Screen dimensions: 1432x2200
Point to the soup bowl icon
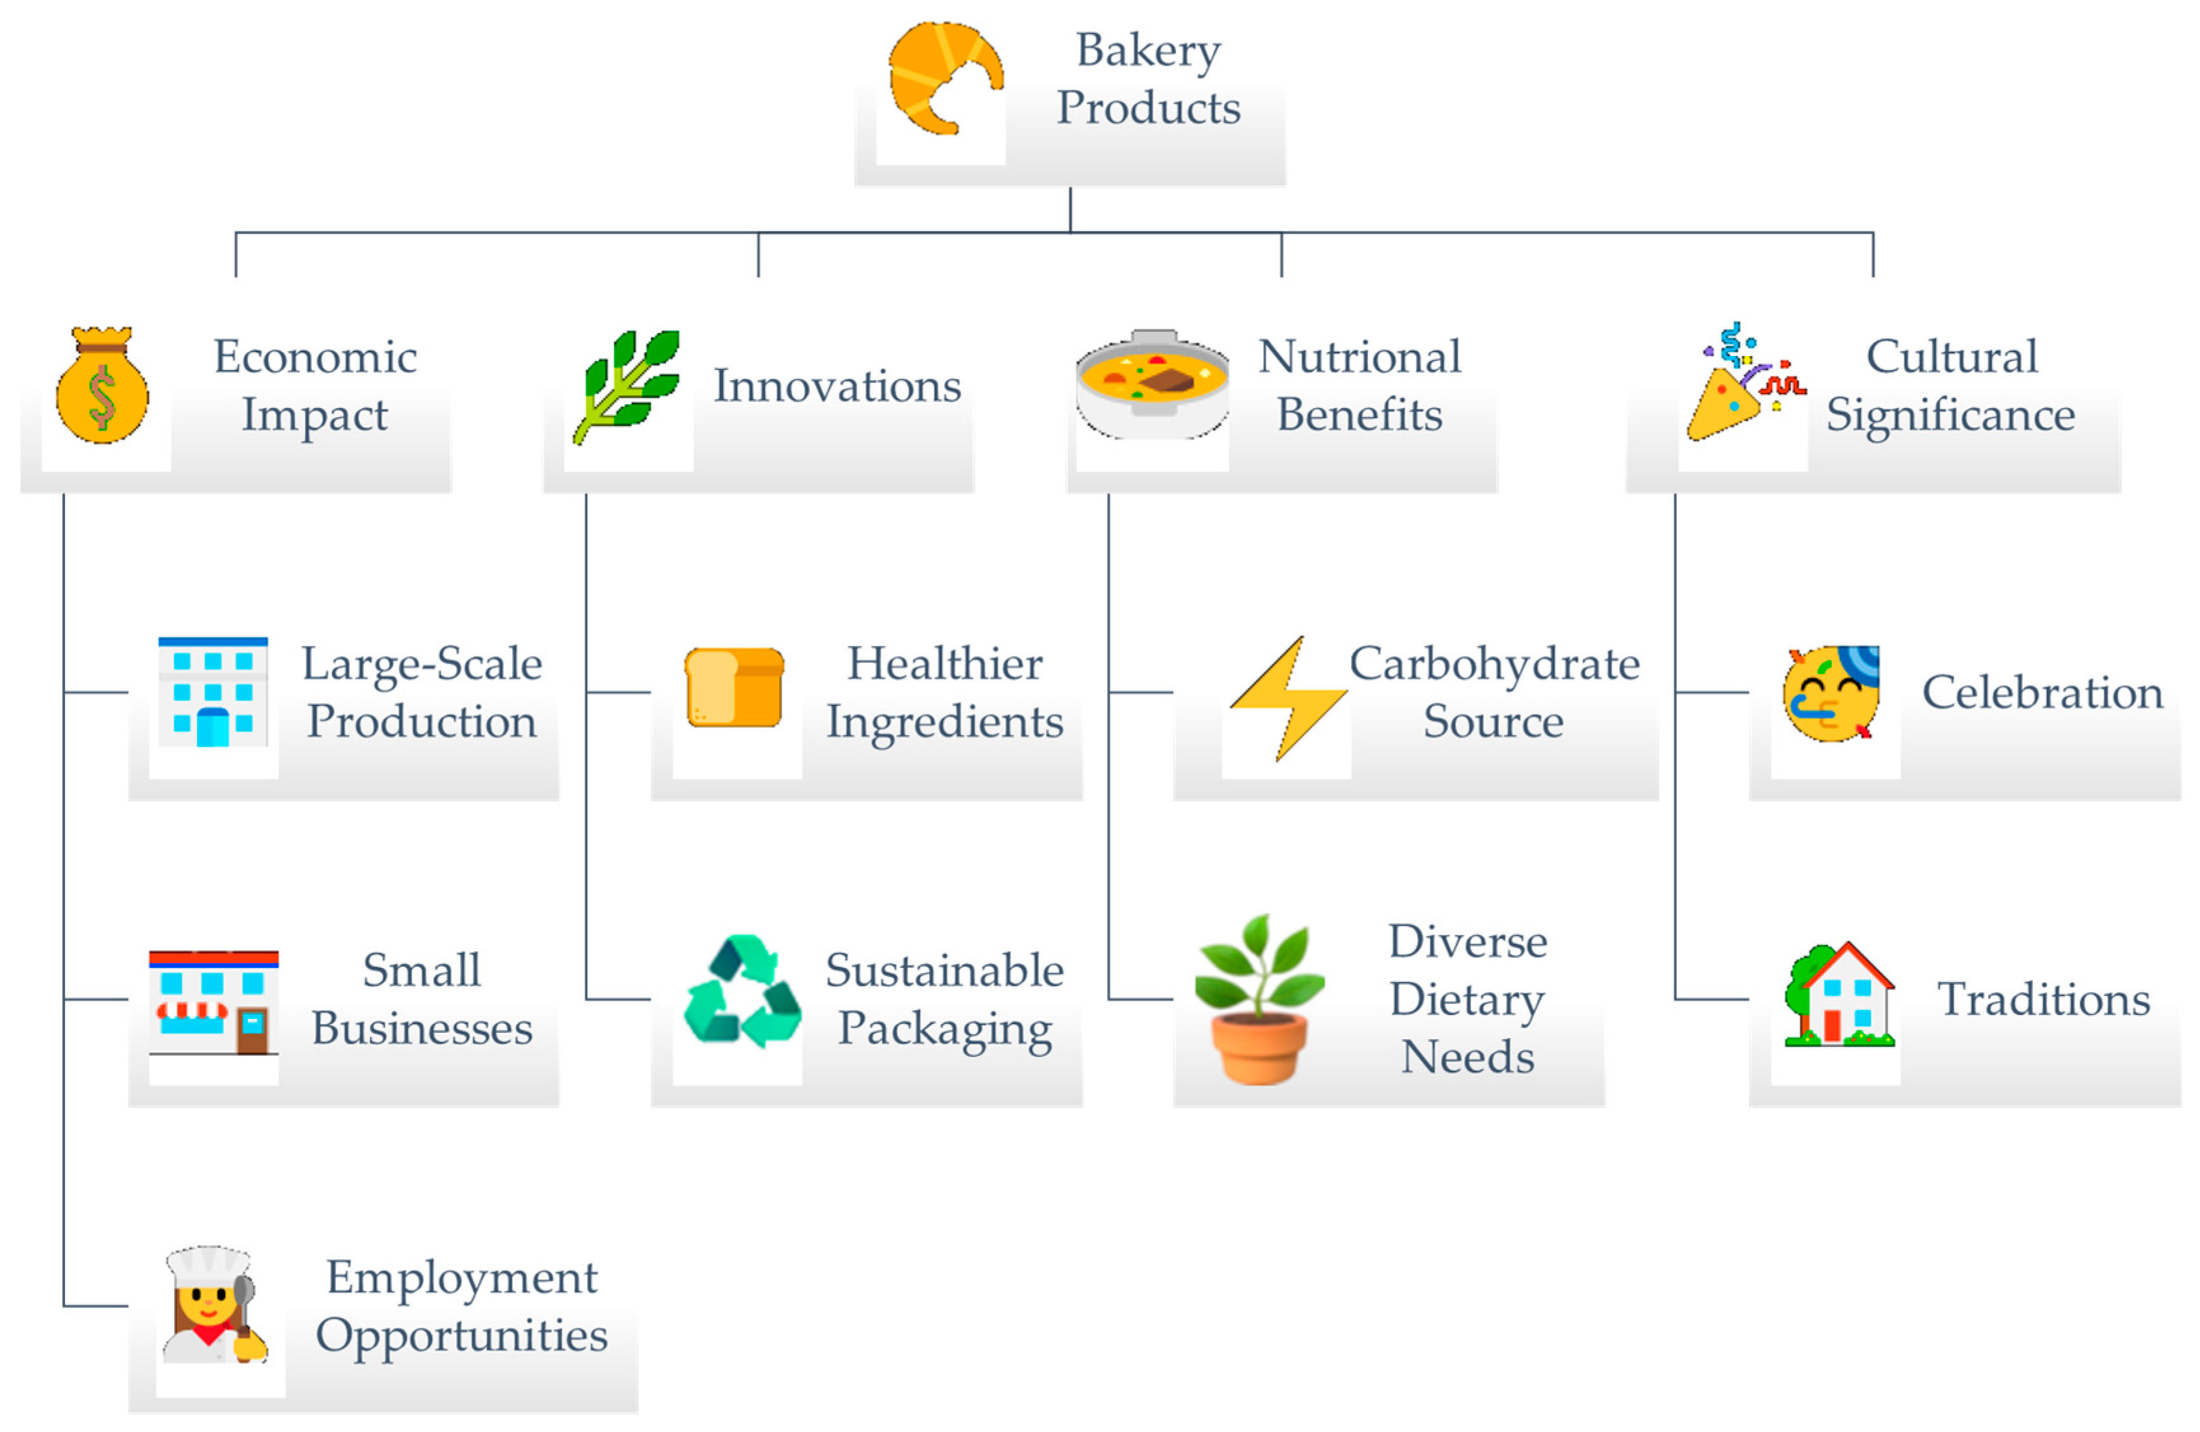1151,385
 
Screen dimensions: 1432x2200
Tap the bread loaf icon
735,688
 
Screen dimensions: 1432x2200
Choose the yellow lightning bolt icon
1287,698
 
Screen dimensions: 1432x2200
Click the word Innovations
836,386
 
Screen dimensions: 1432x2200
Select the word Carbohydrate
1494,664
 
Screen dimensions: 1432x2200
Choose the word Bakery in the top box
1148,51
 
